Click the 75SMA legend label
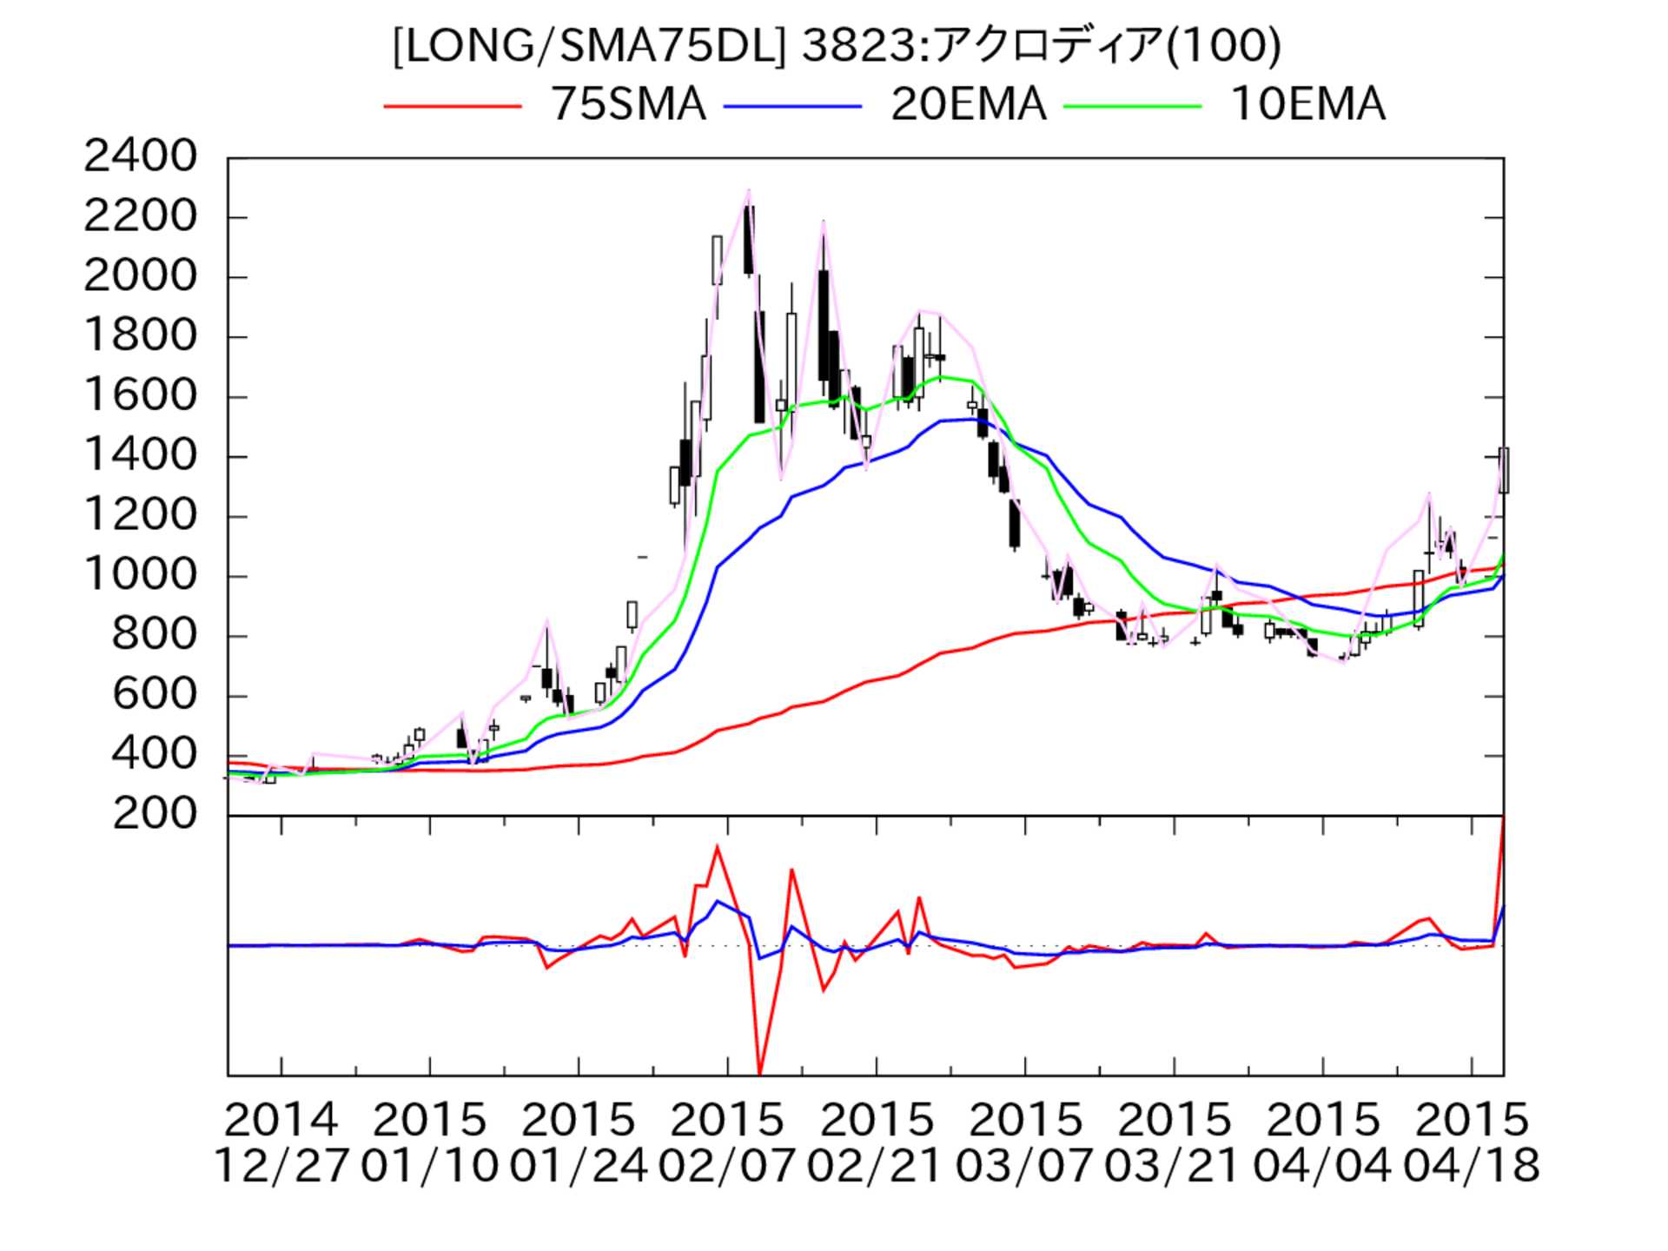pos(628,105)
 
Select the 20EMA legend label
pos(968,105)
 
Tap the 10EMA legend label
pos(1307,105)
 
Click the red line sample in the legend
pos(453,106)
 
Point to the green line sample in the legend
pos(1133,106)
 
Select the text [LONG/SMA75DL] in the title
pos(588,45)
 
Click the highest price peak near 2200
pos(748,191)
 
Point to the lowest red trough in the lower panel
pos(760,1074)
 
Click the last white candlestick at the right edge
pos(1504,470)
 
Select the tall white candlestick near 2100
pos(717,260)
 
